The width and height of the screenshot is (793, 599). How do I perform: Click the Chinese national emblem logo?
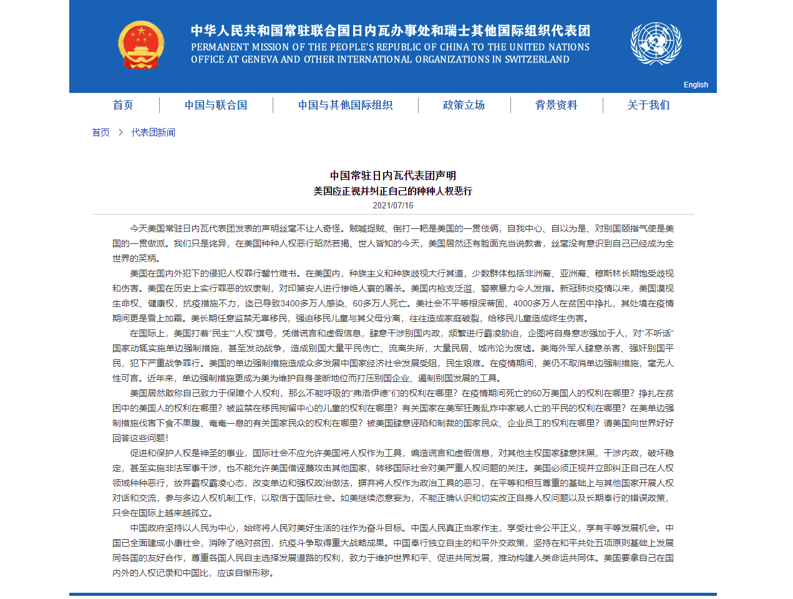point(141,44)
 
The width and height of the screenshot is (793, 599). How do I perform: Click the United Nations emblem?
point(656,44)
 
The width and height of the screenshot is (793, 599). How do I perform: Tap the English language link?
point(696,85)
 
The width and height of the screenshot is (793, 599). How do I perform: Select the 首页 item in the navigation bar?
point(123,105)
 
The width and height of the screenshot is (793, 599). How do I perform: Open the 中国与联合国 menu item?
point(216,105)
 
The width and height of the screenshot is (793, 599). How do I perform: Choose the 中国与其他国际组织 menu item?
point(345,105)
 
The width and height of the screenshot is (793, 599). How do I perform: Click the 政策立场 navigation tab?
point(464,105)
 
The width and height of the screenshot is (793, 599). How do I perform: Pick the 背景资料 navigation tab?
point(556,105)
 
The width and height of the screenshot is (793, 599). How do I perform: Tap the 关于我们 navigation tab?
point(648,105)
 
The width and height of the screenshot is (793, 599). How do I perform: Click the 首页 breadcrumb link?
point(100,132)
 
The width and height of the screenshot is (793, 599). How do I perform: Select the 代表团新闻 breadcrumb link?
point(153,132)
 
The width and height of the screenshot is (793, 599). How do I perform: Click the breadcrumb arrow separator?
point(120,132)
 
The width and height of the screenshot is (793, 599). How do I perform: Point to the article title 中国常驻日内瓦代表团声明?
point(393,175)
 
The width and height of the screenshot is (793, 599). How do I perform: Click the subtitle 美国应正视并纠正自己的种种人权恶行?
point(393,191)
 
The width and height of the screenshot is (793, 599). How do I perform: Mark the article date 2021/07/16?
point(393,205)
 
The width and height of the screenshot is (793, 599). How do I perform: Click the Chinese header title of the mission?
point(390,31)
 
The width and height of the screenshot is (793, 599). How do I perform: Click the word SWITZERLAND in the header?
point(537,60)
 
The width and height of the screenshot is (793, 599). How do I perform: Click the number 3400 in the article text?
point(291,303)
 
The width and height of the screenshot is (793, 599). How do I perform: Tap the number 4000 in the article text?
point(523,303)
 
